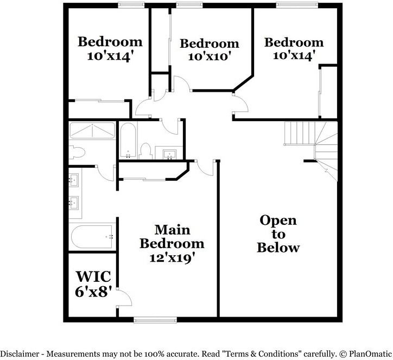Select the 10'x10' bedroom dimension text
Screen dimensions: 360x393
pyautogui.click(x=209, y=56)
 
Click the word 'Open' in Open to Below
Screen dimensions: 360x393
pyautogui.click(x=278, y=220)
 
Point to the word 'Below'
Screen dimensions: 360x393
pyautogui.click(x=278, y=248)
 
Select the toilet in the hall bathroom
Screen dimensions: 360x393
pyautogui.click(x=145, y=150)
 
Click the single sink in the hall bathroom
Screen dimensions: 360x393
pyautogui.click(x=169, y=153)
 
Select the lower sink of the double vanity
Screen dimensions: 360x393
pyautogui.click(x=73, y=203)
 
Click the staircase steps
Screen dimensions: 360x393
pyautogui.click(x=299, y=132)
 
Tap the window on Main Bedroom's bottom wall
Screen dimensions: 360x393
pyautogui.click(x=149, y=320)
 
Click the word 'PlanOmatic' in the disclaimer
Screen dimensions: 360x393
pyautogui.click(x=369, y=353)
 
